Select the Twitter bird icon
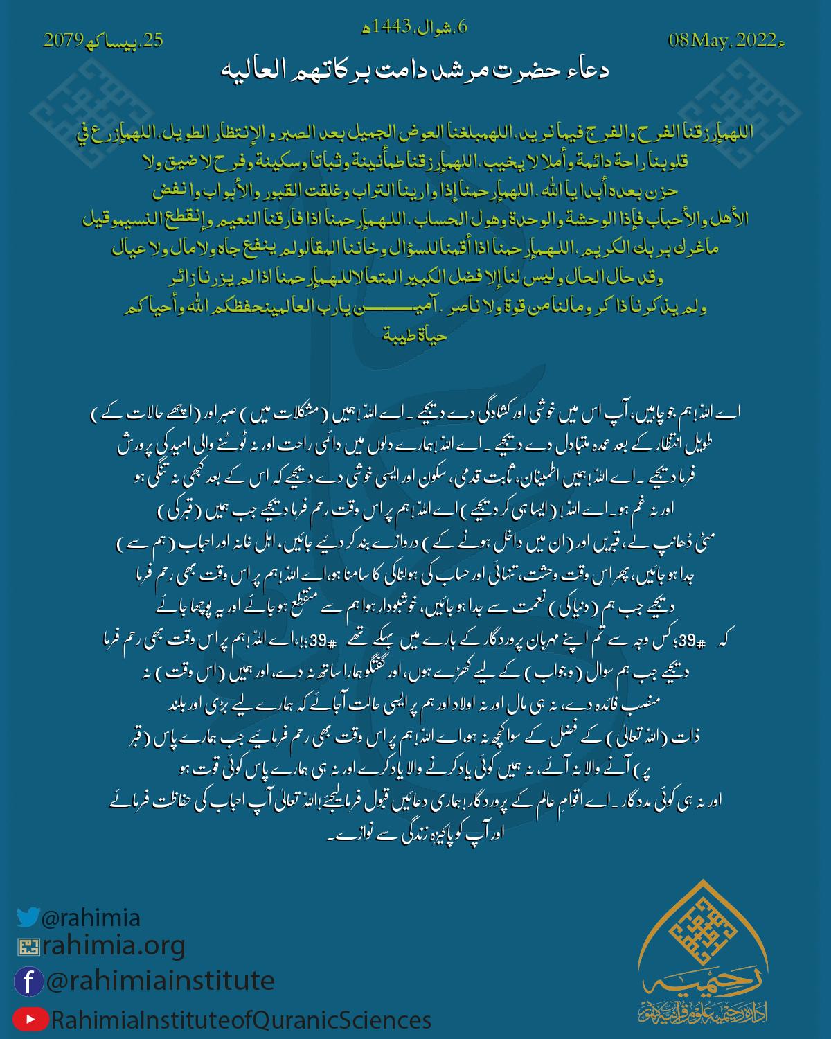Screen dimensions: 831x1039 click(x=28, y=917)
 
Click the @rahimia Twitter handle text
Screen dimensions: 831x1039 click(x=91, y=918)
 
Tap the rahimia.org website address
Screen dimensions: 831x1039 click(x=114, y=945)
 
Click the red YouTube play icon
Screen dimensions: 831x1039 click(x=30, y=1020)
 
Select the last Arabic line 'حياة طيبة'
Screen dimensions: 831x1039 click(x=415, y=337)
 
